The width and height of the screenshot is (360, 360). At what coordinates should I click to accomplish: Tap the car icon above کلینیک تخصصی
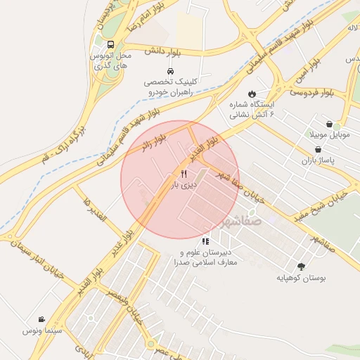click(171, 72)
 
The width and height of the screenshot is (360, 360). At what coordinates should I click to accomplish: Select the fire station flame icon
click(252, 94)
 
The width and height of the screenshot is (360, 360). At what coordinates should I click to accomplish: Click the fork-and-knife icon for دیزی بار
click(184, 174)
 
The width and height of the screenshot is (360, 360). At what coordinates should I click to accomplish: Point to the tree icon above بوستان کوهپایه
click(302, 266)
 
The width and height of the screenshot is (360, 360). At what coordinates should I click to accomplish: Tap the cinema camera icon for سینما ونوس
click(42, 319)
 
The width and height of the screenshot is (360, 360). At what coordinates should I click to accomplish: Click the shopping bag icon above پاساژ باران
click(319, 150)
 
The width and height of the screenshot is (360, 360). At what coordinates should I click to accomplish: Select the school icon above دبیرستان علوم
click(205, 241)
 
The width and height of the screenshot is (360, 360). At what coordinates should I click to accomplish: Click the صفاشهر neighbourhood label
click(240, 221)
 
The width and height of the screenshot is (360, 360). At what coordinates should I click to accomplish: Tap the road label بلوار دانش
click(160, 51)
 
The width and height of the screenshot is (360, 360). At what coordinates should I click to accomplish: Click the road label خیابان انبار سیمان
click(38, 256)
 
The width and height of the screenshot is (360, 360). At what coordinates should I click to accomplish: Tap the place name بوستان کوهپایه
click(302, 278)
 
